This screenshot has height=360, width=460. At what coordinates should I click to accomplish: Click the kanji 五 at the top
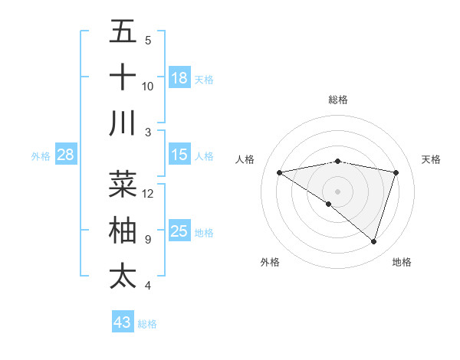(x=123, y=33)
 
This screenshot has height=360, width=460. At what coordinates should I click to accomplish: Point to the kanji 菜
(x=123, y=185)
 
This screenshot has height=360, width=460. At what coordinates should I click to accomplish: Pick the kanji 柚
(x=123, y=231)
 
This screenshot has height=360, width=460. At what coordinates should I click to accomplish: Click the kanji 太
(x=123, y=276)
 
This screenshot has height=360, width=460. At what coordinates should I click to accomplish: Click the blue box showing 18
(x=179, y=78)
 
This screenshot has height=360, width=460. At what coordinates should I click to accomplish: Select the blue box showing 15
(x=179, y=155)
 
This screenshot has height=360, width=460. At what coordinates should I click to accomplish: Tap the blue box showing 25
(x=179, y=231)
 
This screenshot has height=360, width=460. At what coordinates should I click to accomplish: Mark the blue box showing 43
(x=123, y=322)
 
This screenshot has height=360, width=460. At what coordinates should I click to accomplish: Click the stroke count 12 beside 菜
(x=148, y=194)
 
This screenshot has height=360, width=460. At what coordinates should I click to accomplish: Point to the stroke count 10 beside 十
(x=148, y=86)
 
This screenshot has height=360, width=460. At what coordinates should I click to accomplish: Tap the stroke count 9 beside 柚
(x=148, y=240)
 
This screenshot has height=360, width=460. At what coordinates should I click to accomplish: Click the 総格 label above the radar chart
(x=338, y=100)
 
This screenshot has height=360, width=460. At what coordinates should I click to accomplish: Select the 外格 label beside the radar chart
(x=270, y=262)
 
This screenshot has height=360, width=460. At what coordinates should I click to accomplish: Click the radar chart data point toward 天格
(x=396, y=173)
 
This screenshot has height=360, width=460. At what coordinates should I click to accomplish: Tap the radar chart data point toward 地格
(x=373, y=242)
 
